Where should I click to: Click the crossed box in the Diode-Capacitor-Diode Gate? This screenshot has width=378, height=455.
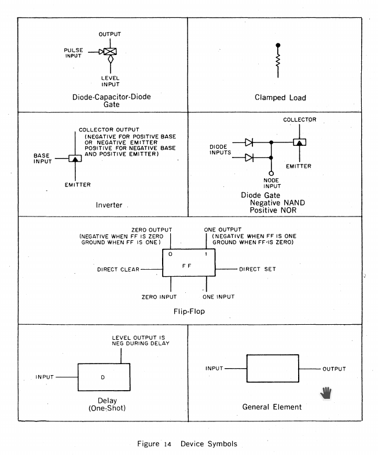tap(110, 52)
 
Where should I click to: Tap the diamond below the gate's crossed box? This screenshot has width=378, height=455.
tap(111, 59)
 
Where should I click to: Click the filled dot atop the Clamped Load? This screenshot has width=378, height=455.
tap(278, 45)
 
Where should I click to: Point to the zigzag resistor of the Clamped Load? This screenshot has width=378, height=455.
tap(278, 61)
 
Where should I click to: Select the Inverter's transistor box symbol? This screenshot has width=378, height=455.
tap(75, 159)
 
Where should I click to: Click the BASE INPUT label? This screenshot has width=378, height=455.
tap(43, 159)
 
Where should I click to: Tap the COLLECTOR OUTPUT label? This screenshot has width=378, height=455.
tap(109, 130)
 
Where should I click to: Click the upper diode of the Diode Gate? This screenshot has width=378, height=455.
tap(249, 142)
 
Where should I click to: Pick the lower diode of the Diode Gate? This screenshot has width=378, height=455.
tap(249, 157)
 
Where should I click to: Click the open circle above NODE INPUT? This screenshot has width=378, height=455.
tap(271, 174)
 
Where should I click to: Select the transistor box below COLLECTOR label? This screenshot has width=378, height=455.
tap(300, 142)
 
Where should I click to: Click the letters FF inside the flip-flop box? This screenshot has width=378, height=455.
tap(186, 266)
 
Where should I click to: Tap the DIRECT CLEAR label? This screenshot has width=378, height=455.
tap(118, 270)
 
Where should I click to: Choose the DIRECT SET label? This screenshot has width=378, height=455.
tap(258, 269)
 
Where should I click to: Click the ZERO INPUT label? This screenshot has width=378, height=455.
tap(159, 297)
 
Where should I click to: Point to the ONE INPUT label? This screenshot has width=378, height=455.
tap(218, 297)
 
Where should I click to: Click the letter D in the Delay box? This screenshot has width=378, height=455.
tap(102, 377)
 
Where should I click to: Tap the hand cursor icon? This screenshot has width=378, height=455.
tap(326, 393)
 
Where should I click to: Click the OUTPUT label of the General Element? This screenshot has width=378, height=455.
tap(334, 369)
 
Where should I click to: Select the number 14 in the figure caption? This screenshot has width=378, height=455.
tap(167, 444)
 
